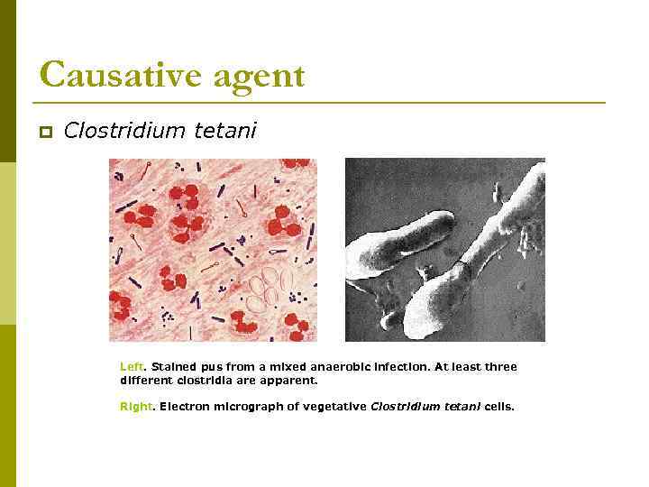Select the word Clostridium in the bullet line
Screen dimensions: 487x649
pyautogui.click(x=125, y=131)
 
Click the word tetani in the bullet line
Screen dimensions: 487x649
pyautogui.click(x=224, y=131)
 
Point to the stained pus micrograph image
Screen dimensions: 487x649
pyautogui.click(x=213, y=250)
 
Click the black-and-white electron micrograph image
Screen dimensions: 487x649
pyautogui.click(x=445, y=250)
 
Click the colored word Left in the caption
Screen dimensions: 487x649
pyautogui.click(x=132, y=367)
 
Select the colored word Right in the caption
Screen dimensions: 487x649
pyautogui.click(x=136, y=407)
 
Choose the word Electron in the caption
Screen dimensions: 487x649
pyautogui.click(x=185, y=407)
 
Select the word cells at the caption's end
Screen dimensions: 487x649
pyautogui.click(x=498, y=407)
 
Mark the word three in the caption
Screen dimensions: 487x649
pyautogui.click(x=501, y=367)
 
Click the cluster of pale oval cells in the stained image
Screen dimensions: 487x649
pyautogui.click(x=270, y=286)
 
